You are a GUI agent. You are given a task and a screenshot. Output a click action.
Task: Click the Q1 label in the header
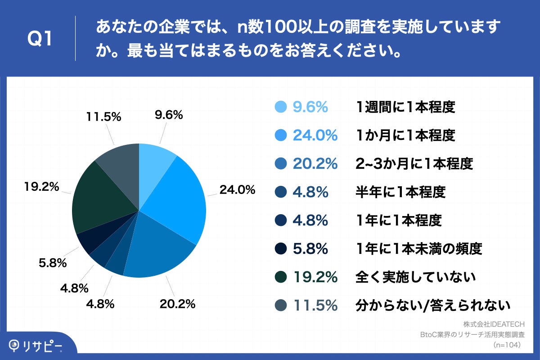40,40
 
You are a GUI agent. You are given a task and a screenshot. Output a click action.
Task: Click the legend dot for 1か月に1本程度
280,135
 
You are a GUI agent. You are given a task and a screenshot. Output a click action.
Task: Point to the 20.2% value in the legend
315,164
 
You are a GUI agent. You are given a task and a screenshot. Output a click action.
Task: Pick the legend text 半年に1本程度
400,192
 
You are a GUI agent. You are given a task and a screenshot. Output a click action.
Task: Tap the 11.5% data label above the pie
103,116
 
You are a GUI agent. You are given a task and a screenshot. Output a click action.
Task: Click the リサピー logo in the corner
36,346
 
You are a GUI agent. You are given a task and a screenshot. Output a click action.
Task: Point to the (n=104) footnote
507,345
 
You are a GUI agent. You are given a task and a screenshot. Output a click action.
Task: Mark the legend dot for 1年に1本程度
280,220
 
